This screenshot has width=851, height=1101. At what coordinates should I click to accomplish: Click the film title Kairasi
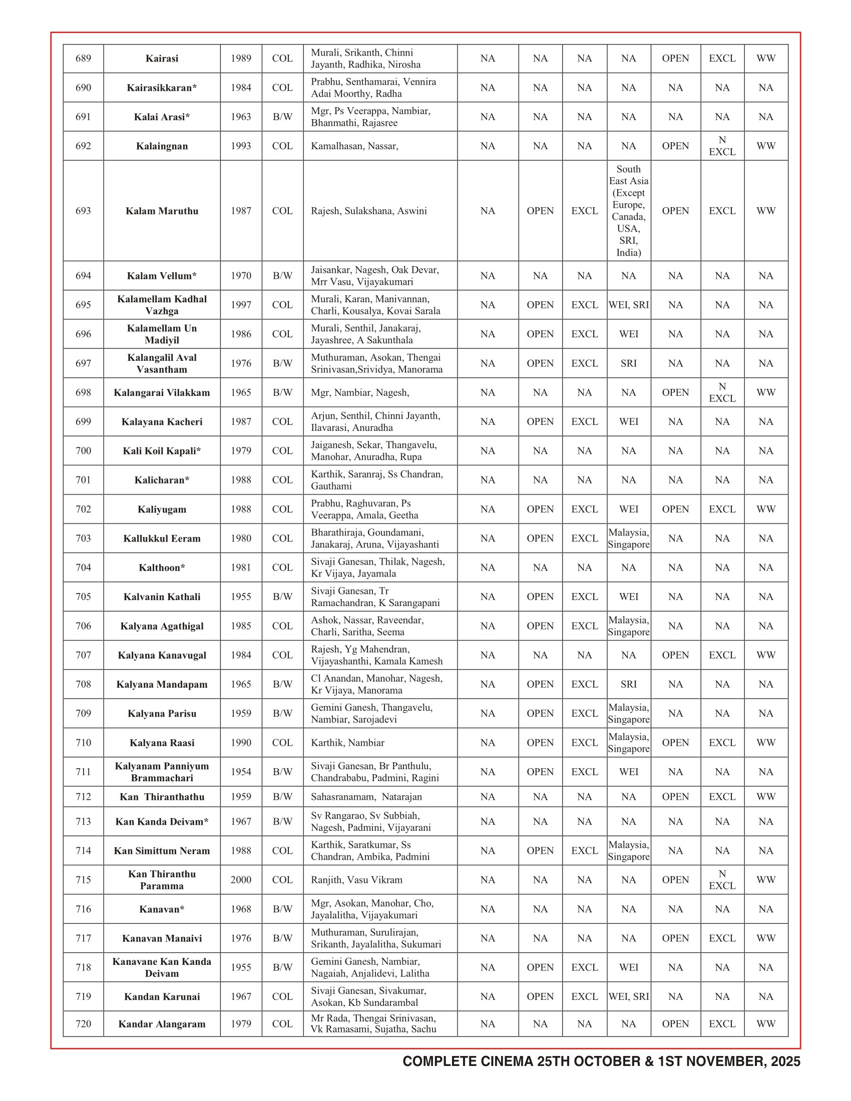[x=162, y=59]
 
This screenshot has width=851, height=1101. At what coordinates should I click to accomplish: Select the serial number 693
[x=83, y=211]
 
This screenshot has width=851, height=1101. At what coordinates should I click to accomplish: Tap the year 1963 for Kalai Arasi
[x=241, y=117]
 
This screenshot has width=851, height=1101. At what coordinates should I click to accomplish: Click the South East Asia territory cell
[x=629, y=211]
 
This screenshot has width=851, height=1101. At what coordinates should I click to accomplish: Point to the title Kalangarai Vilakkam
[x=162, y=393]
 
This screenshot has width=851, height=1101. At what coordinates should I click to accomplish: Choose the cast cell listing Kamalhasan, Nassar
[x=354, y=146]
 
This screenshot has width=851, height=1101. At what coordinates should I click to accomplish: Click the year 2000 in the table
[x=241, y=880]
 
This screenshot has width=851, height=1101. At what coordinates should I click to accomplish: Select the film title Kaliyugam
[x=162, y=509]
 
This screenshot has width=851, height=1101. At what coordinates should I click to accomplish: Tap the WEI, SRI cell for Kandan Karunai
[x=629, y=996]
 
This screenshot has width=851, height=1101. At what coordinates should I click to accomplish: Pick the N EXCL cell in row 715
[x=722, y=880]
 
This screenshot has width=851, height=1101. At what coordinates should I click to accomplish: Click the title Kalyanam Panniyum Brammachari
[x=162, y=772]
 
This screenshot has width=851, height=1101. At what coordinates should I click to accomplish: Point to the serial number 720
[x=83, y=1024]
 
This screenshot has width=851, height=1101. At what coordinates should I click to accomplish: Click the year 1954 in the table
[x=241, y=772]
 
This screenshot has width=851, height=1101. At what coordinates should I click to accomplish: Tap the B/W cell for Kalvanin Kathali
[x=282, y=597]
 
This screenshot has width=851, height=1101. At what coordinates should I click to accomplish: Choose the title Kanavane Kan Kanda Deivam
[x=162, y=967]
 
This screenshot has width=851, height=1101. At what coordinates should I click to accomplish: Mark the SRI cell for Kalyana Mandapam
[x=629, y=684]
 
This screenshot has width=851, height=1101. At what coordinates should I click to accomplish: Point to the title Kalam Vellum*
[x=162, y=276]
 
